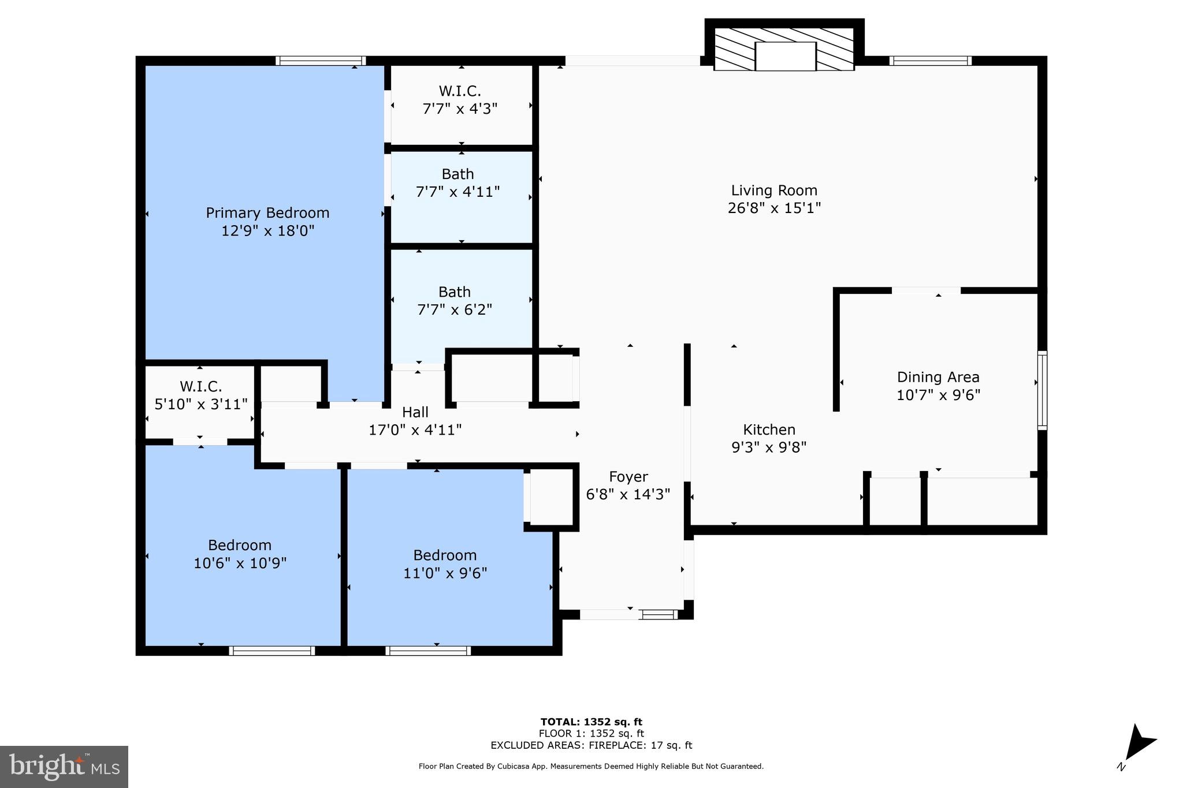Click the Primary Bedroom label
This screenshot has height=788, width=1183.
[267, 213]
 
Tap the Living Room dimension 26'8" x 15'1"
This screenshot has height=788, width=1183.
[774, 208]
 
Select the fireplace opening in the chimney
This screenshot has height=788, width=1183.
[786, 57]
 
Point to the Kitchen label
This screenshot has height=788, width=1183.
[769, 430]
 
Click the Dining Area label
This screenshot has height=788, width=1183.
[938, 378]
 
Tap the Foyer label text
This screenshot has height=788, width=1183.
[628, 477]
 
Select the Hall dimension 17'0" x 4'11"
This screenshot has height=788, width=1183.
[415, 430]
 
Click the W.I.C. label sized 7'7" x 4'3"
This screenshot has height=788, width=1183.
[460, 91]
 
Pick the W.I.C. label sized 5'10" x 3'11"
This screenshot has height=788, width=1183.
[200, 387]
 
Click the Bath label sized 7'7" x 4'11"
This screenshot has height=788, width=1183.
[457, 174]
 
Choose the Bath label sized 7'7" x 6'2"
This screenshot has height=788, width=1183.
[454, 292]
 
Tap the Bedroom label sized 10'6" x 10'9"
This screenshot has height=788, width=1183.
[240, 546]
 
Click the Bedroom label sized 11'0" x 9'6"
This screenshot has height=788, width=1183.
[445, 555]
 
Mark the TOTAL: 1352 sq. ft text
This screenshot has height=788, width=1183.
[591, 722]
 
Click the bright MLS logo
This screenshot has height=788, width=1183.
[64, 767]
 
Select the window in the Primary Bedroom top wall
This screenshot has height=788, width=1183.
[321, 61]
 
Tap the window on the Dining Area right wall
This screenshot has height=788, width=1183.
[1042, 390]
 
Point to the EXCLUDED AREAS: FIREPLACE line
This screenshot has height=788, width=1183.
[591, 745]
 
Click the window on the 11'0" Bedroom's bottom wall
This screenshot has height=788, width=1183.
[428, 651]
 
